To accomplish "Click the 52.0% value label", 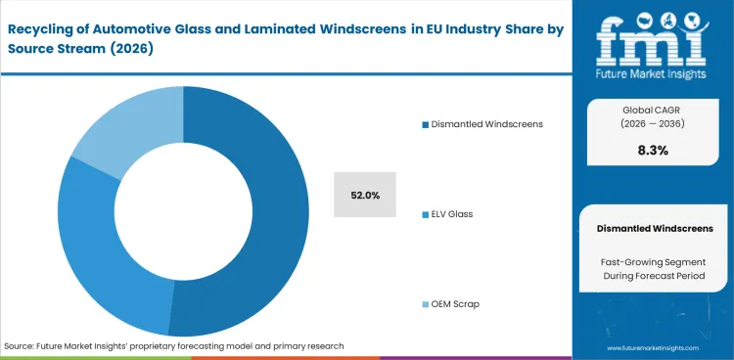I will click(365, 195).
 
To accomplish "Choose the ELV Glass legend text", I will click(451, 213).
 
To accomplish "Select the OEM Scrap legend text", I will click(455, 303).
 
